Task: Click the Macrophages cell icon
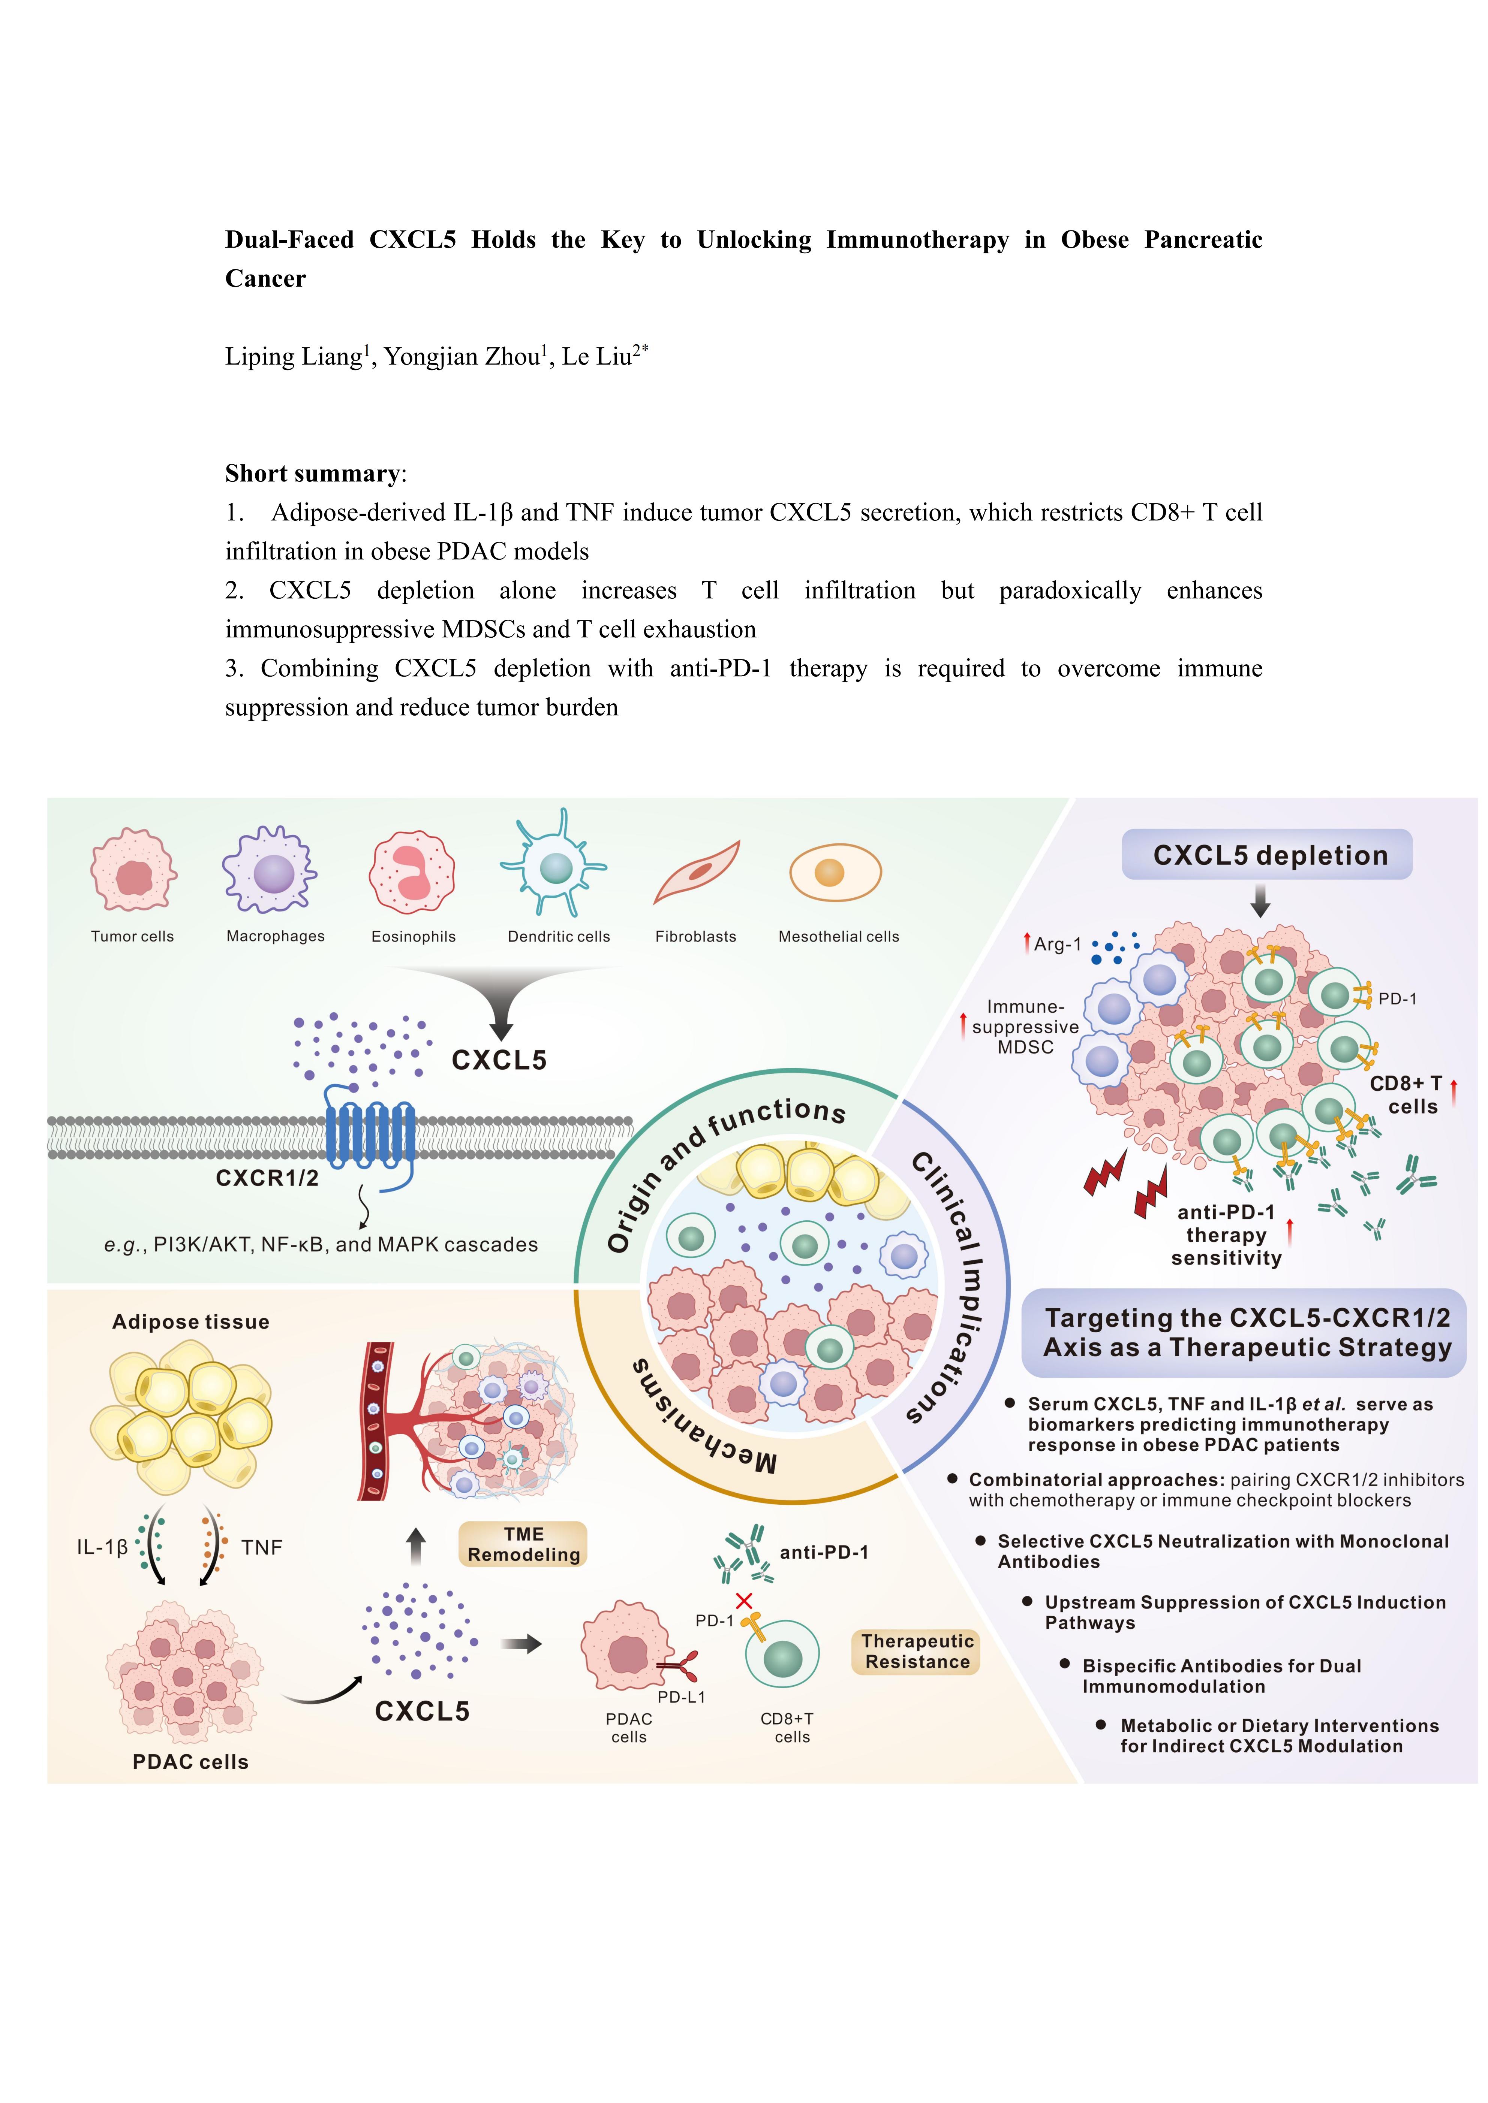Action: pos(270,870)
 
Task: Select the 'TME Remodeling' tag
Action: pos(523,1544)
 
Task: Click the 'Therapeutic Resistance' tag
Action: pos(916,1652)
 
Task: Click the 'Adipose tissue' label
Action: pos(190,1322)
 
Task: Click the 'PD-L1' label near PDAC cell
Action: pos(681,1697)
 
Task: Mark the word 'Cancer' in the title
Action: pos(266,278)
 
